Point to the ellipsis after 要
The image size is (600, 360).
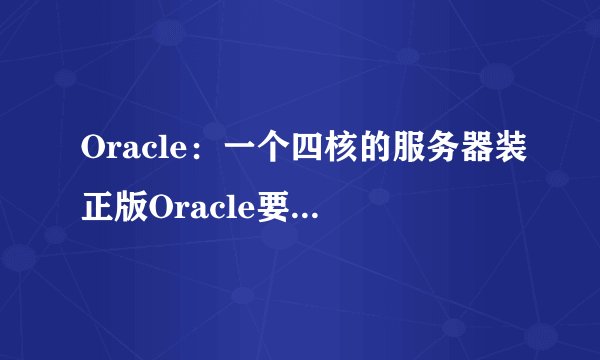click(x=312, y=212)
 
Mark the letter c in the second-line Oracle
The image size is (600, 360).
click(x=227, y=208)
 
